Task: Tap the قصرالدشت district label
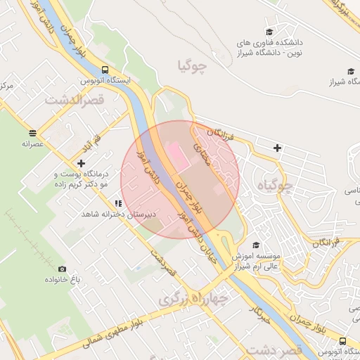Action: (x=75, y=100)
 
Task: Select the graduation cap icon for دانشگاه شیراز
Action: (x=351, y=71)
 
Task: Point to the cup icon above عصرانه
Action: (x=33, y=132)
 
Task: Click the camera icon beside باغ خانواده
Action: (x=62, y=269)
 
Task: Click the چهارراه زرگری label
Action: (x=193, y=298)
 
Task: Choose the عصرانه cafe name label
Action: (x=33, y=143)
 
